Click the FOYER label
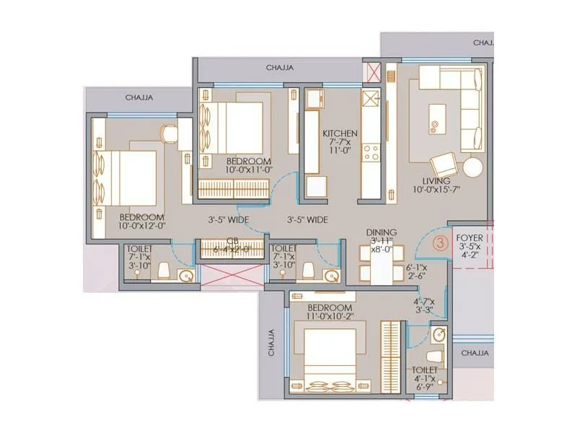[470, 237]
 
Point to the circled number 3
[440, 244]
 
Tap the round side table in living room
[472, 167]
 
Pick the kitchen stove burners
[371, 152]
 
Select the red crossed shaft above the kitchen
[374, 72]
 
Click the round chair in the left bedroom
[169, 133]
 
